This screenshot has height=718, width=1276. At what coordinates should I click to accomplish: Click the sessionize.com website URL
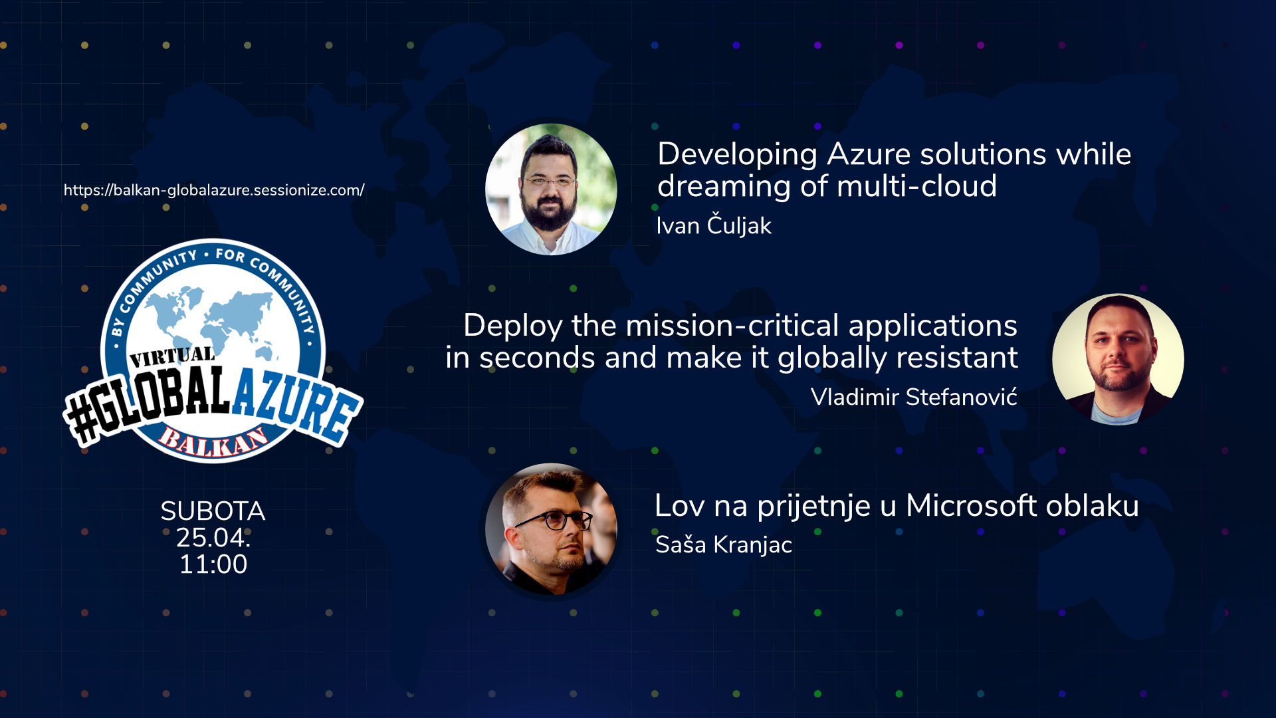click(214, 190)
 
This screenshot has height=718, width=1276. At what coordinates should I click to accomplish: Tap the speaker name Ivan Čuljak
click(714, 225)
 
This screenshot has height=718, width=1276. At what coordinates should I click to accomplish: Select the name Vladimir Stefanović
click(914, 397)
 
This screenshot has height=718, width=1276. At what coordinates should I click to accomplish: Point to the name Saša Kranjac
click(724, 544)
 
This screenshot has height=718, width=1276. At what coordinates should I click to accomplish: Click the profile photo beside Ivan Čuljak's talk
click(551, 189)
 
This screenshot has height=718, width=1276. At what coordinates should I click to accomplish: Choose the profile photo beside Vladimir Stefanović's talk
click(1118, 359)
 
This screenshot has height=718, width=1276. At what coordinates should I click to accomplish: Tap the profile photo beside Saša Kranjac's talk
click(551, 529)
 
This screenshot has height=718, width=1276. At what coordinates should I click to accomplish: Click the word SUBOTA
click(213, 511)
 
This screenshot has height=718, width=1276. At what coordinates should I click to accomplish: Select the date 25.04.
click(213, 537)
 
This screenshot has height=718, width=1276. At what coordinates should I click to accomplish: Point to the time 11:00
click(213, 564)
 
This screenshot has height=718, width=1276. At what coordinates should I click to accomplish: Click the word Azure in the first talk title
click(869, 154)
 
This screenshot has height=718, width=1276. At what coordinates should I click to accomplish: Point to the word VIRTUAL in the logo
click(172, 357)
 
